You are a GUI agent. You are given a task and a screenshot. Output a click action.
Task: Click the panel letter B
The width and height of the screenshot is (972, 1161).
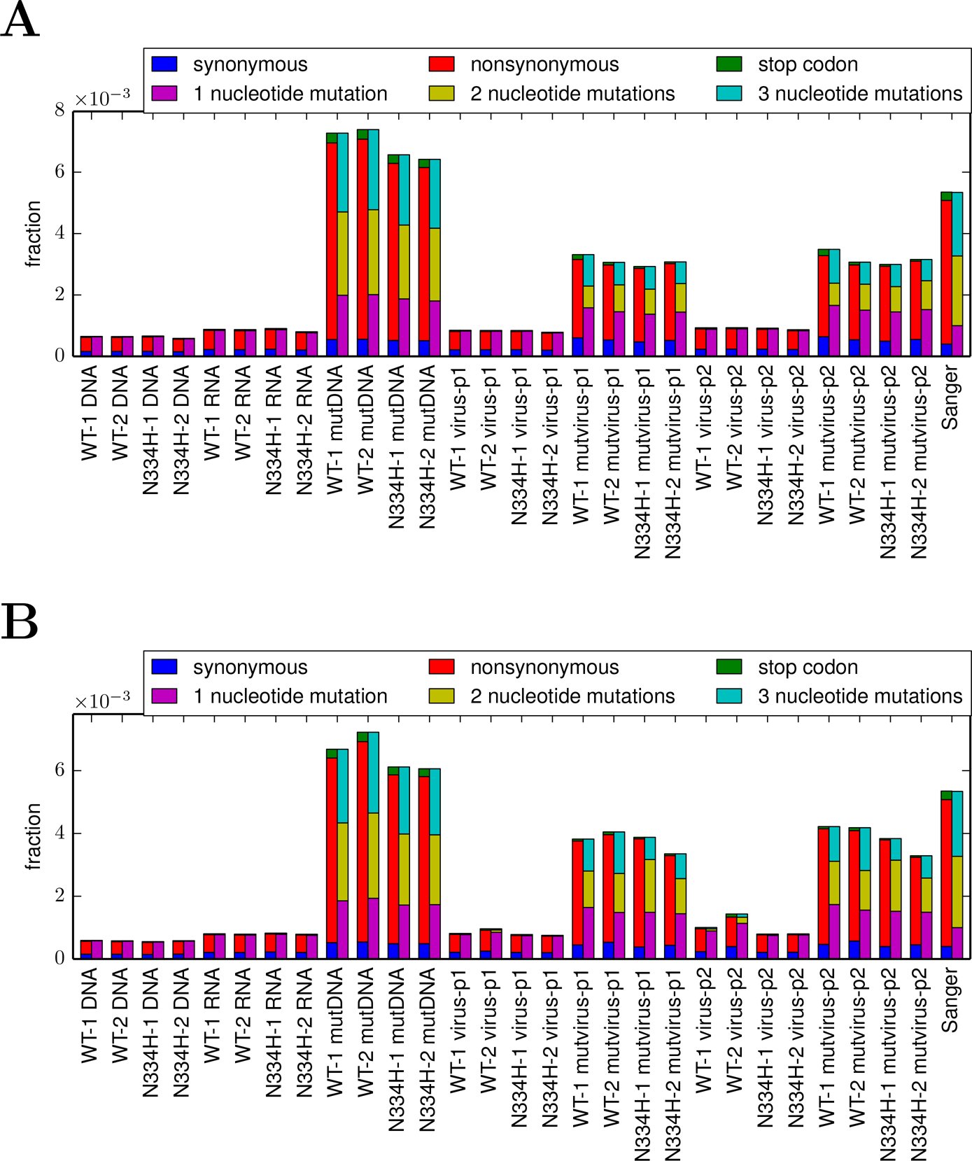19,621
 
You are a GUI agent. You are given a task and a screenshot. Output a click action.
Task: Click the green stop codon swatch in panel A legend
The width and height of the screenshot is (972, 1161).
729,64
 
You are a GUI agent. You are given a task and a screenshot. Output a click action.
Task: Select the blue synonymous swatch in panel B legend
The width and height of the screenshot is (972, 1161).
164,667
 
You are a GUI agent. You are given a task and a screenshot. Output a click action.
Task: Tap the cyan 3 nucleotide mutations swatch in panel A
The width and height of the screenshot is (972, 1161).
729,93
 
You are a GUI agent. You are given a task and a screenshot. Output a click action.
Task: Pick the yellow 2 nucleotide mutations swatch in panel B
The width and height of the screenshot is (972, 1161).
442,696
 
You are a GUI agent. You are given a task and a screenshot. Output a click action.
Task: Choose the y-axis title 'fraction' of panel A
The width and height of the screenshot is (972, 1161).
33,234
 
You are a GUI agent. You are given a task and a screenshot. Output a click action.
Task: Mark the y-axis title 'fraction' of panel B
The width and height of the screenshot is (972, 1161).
33,836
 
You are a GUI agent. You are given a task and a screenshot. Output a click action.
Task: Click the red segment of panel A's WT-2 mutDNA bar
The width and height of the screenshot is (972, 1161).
362,239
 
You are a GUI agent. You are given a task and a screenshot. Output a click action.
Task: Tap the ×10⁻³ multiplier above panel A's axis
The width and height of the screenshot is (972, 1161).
102,99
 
